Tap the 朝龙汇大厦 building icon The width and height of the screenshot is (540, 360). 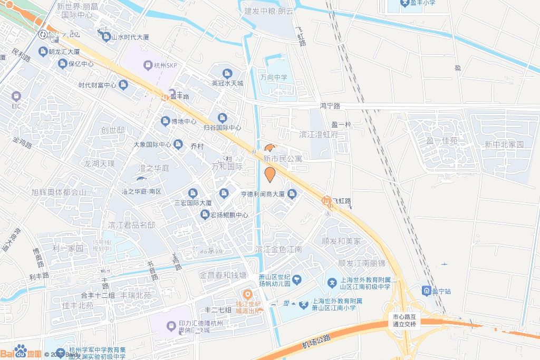(43, 52)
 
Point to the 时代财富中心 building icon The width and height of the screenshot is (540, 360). (123, 85)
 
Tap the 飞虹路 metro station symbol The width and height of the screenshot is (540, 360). (327, 201)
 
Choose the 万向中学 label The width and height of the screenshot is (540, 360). (274, 77)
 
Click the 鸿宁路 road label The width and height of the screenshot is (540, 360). (330, 106)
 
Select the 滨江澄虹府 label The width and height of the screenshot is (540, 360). (319, 134)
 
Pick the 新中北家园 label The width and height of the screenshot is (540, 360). (505, 144)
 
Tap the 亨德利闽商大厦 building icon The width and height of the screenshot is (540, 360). (292, 194)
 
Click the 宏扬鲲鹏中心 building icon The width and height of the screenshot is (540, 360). (205, 215)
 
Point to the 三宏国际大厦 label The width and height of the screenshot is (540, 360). (193, 202)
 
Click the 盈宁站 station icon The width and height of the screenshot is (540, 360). (426, 290)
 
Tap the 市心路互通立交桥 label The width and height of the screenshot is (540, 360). (405, 320)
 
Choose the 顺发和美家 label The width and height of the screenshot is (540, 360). (342, 241)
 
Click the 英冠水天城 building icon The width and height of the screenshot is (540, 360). (227, 73)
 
